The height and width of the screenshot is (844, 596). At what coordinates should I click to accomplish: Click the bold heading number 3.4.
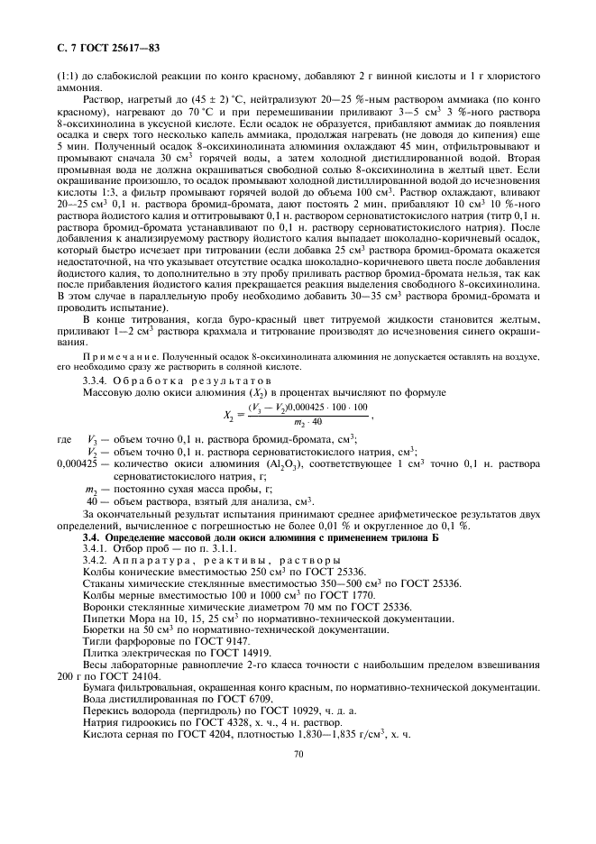coord(90,537)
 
